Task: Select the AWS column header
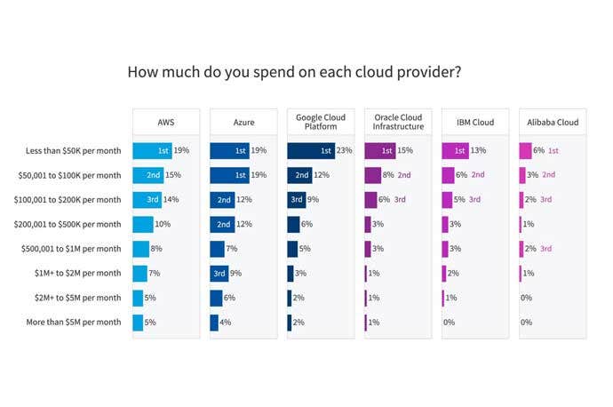point(166,122)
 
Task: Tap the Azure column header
point(243,122)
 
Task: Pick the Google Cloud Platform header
point(321,122)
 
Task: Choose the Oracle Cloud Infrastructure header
point(398,122)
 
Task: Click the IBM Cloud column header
point(475,122)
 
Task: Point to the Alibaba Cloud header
point(553,122)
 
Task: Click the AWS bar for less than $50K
point(152,151)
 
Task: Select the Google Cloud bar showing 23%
point(311,151)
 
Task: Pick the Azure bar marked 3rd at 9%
point(219,273)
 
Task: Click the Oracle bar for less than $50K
point(379,151)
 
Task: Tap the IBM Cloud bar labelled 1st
point(455,151)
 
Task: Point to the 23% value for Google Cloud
point(345,151)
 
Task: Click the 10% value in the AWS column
point(163,224)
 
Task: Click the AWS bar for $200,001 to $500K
point(142,224)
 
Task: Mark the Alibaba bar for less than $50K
point(525,151)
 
